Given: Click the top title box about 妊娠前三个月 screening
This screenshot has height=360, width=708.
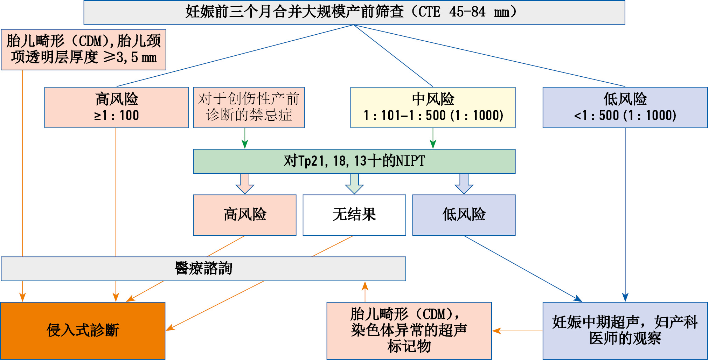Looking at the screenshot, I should pyautogui.click(x=354, y=12).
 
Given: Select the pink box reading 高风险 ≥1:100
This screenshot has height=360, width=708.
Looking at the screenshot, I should pyautogui.click(x=116, y=108).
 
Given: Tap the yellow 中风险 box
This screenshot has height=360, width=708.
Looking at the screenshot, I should pyautogui.click(x=433, y=108).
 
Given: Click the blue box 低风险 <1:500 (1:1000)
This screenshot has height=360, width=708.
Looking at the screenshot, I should pyautogui.click(x=625, y=108).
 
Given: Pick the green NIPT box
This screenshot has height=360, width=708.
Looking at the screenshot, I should pyautogui.click(x=354, y=161).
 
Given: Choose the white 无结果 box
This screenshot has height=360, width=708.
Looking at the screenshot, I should pyautogui.click(x=354, y=215).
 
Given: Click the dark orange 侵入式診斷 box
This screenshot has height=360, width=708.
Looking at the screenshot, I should pyautogui.click(x=83, y=331).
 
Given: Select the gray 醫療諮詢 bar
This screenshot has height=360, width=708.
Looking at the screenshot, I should pyautogui.click(x=203, y=269).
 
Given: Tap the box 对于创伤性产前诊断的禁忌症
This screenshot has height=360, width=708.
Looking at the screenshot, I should pyautogui.click(x=249, y=108).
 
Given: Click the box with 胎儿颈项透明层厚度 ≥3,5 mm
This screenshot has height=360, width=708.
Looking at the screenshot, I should pyautogui.click(x=83, y=50).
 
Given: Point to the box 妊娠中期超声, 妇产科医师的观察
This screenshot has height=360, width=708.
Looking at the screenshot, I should pyautogui.click(x=625, y=331).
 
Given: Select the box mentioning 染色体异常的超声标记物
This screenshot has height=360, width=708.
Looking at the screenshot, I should pyautogui.click(x=409, y=331).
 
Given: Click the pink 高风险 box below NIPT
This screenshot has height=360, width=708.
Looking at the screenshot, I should pyautogui.click(x=244, y=215).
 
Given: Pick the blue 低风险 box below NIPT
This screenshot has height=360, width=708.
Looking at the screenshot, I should pyautogui.click(x=464, y=215).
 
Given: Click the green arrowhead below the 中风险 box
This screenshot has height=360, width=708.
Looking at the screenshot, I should pyautogui.click(x=433, y=144).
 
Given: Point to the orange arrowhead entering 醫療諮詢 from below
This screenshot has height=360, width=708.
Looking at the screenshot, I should pyautogui.click(x=365, y=286).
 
